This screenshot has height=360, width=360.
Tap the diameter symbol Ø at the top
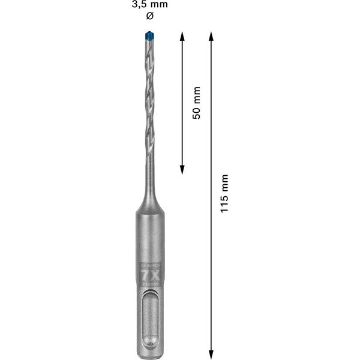coord(150,17)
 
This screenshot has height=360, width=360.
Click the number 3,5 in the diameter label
coord(138,5)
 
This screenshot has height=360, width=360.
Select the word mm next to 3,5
coord(158,5)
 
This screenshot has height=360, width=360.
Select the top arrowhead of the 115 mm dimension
coord(211,35)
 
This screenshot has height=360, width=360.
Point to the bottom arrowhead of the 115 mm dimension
coord(211,350)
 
